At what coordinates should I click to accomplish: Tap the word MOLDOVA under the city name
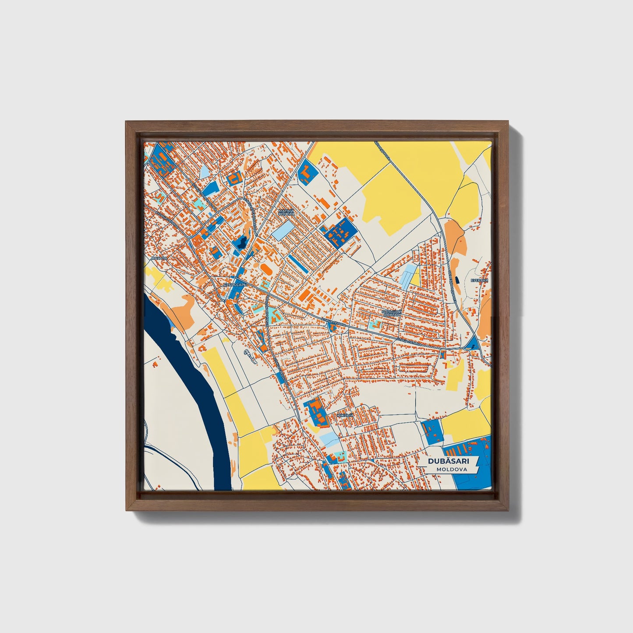point(451,469)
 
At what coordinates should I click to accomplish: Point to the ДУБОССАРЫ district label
point(235,284)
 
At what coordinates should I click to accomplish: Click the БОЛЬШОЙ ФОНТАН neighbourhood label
point(391,313)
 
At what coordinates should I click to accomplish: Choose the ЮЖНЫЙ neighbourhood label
point(345,415)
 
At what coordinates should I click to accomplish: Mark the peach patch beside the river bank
point(184,309)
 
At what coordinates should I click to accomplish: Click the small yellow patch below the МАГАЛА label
point(160,279)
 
